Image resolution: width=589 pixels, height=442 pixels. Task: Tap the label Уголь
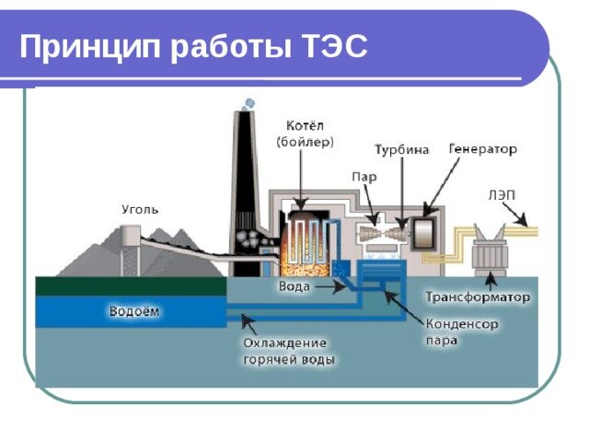point(140,209)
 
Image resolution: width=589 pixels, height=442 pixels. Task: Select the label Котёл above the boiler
point(305,125)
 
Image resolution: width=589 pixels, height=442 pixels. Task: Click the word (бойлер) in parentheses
point(305,142)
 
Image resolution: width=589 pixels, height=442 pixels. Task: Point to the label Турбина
point(401,150)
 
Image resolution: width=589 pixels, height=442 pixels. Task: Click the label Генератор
point(482,147)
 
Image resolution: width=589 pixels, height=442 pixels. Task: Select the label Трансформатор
point(479,297)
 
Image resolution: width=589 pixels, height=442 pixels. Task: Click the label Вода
point(294,287)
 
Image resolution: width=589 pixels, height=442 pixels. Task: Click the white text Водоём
point(133,311)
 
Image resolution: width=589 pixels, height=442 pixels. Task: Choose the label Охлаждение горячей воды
point(289,351)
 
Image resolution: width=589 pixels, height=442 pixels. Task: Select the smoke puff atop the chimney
point(248,103)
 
